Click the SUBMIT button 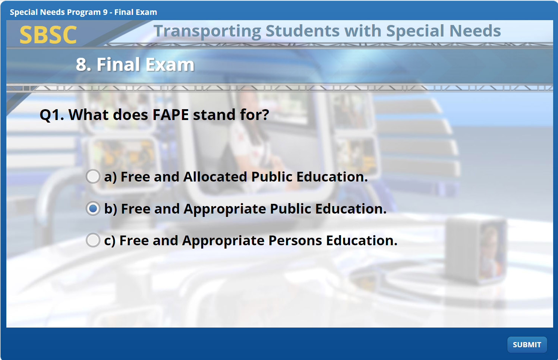click(527, 345)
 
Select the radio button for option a click(93, 176)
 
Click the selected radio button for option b click(93, 208)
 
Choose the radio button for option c click(93, 240)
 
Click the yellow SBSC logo click(48, 35)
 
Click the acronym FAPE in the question click(171, 115)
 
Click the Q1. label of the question click(52, 115)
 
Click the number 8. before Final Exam click(83, 64)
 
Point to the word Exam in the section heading click(170, 64)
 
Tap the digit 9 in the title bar click(105, 12)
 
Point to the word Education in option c click(362, 240)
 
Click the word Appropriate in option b click(225, 209)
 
